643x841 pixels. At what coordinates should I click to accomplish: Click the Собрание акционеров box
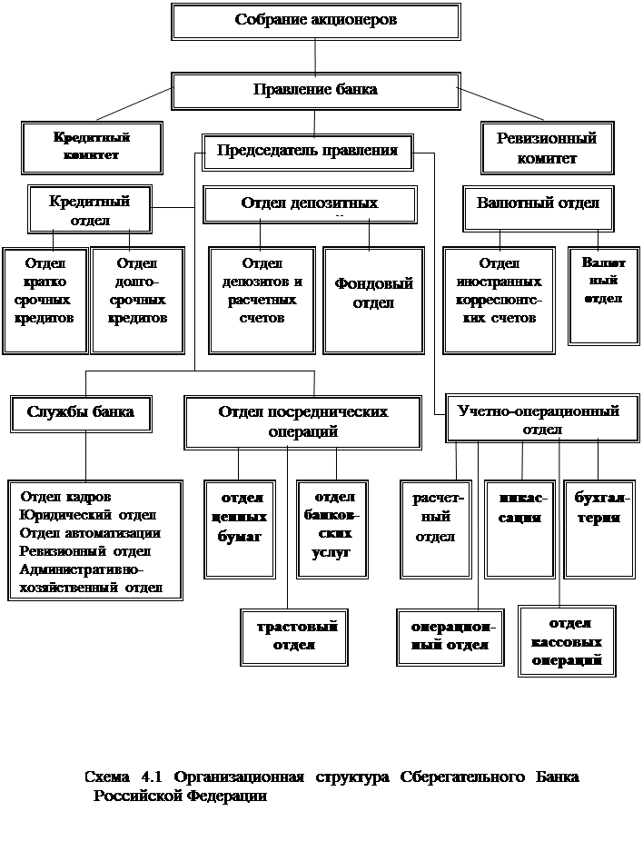tap(315, 20)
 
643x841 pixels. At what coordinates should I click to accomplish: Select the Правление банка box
tap(315, 90)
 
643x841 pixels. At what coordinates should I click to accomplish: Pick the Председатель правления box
tap(307, 151)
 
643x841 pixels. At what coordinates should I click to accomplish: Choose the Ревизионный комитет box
tap(547, 148)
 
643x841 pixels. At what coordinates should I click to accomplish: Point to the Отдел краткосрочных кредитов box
tap(44, 299)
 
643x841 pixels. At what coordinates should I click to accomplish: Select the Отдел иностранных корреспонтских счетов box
tap(499, 299)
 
